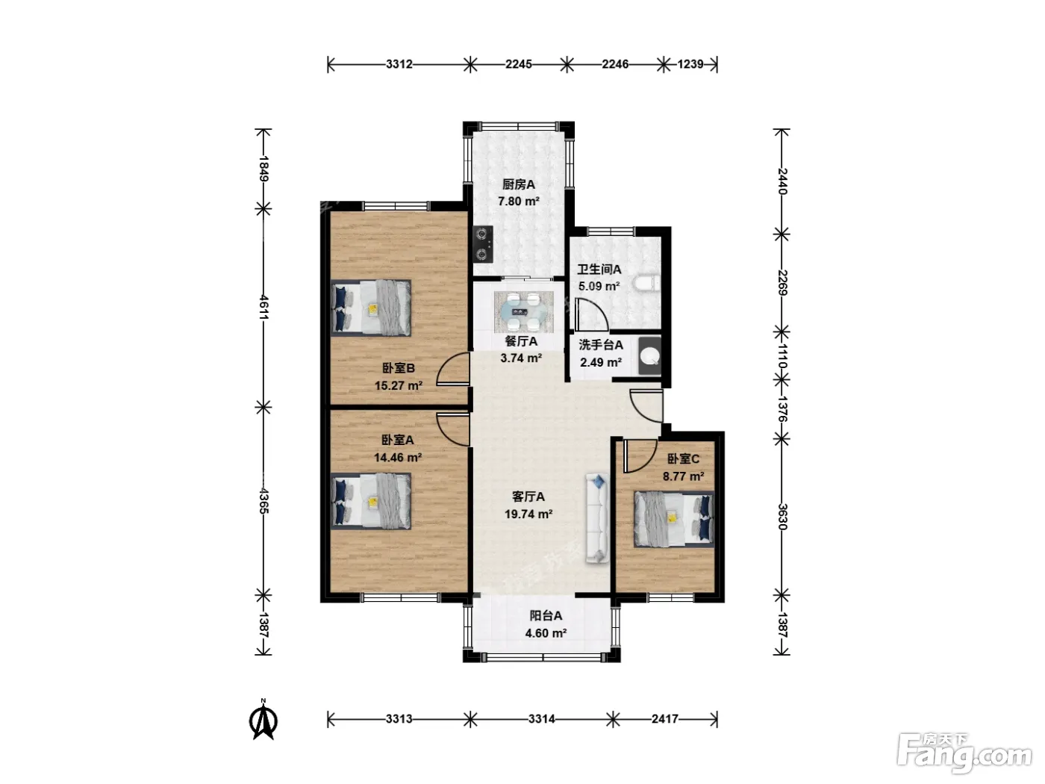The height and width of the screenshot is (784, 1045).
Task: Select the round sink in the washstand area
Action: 649,356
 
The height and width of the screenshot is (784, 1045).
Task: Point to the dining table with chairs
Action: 524,312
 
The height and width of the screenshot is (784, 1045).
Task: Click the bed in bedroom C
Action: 674,519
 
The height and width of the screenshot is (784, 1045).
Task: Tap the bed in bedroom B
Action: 371,308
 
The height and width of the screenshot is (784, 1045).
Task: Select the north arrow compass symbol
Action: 263,719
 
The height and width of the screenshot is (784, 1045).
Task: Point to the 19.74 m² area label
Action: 528,514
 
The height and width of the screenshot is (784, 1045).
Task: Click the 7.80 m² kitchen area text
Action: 519,202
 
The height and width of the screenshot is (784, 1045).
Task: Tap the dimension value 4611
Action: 264,308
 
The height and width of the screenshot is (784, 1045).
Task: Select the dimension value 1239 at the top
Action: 690,63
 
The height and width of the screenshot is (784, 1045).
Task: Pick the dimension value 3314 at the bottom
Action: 541,718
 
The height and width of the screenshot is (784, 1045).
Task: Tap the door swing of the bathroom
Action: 590,314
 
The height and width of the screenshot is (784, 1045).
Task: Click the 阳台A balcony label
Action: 546,615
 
